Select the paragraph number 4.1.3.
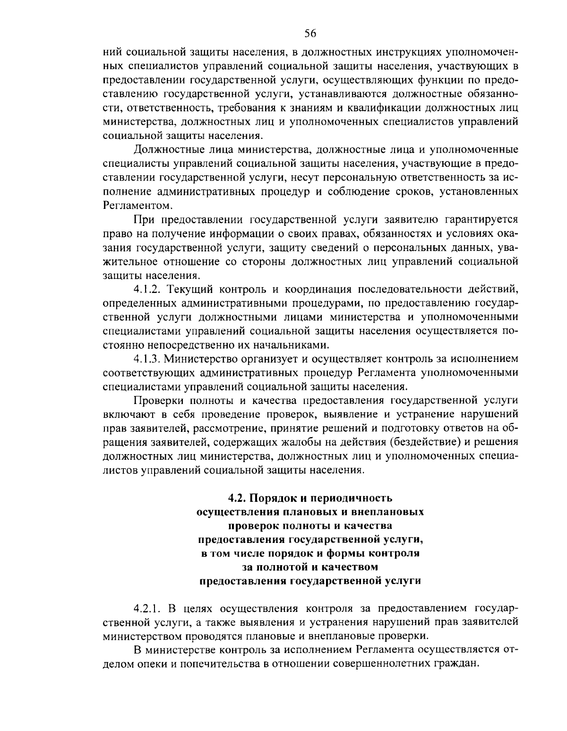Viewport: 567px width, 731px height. click(x=147, y=358)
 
